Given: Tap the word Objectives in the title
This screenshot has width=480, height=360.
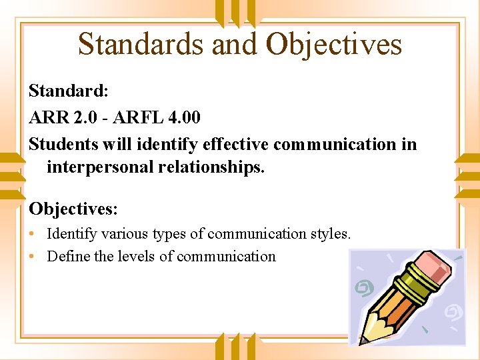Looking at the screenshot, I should coord(334,44).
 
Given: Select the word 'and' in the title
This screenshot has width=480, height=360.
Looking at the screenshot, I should coord(234,44).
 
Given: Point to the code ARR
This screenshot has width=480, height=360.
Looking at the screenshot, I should coord(49,117).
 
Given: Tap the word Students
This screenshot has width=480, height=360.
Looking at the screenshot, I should coord(63,144).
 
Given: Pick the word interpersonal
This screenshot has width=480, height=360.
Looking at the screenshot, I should coord(100,167).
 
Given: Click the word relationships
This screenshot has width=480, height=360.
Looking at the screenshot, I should coord(211,167).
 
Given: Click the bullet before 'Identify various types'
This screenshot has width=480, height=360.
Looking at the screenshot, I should coord(33,234).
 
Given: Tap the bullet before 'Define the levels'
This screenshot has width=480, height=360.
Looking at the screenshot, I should coord(33,257).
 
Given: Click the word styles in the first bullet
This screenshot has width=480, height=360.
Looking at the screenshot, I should coord(330,234).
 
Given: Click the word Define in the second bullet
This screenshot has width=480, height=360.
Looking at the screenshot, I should coord(68,257).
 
